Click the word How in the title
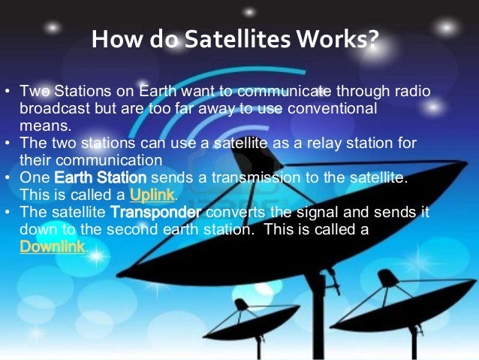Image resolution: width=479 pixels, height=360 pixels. pyautogui.click(x=113, y=38)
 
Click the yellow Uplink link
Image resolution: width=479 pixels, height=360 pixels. pyautogui.click(x=152, y=195)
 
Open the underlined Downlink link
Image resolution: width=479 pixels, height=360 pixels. pyautogui.click(x=53, y=247)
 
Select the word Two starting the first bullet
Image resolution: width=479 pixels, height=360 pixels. pyautogui.click(x=34, y=92)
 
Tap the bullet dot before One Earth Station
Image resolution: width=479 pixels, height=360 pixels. pyautogui.click(x=8, y=177)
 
